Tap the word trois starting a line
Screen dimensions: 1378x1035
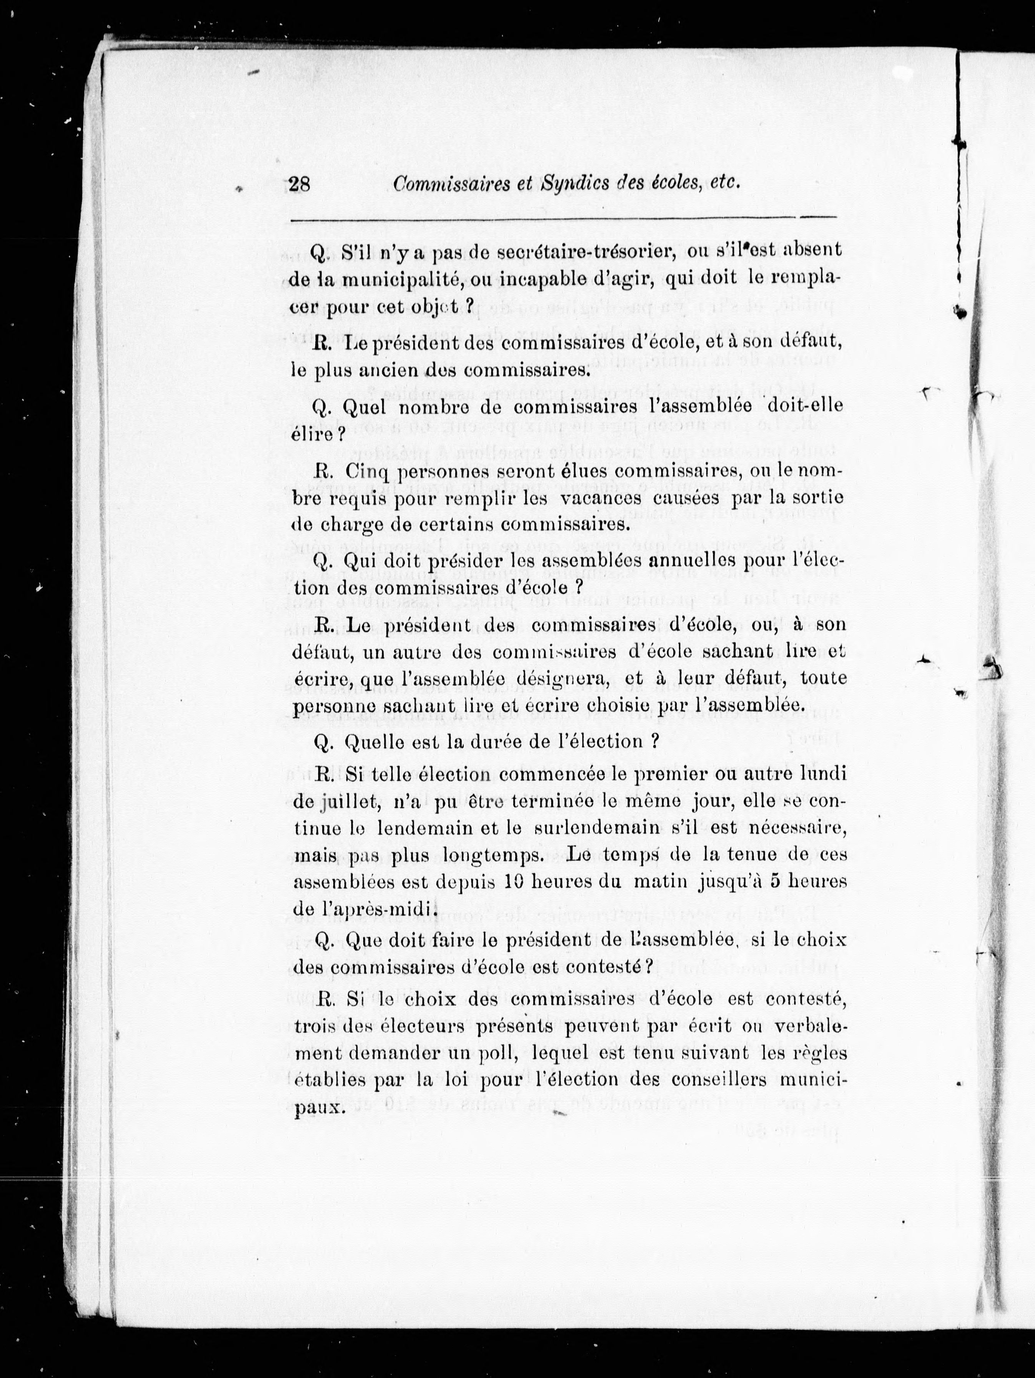coord(314,1026)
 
